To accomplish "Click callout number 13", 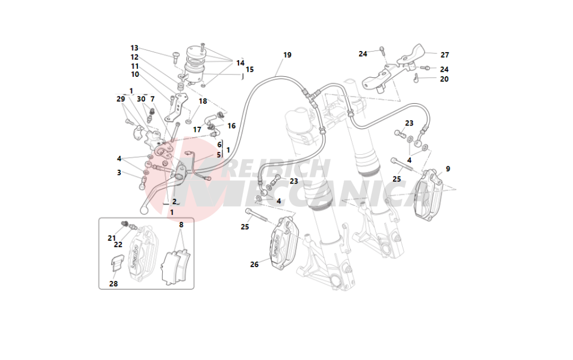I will [x=135, y=48].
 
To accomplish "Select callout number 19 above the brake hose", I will [x=287, y=55].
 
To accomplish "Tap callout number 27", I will [x=445, y=55].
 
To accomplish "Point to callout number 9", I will [x=448, y=169].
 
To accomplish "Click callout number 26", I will [x=254, y=264].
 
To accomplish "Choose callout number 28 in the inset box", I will [x=113, y=283].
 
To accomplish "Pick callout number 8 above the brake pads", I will [x=180, y=225].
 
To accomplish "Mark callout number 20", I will [x=444, y=79].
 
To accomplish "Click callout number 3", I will [x=119, y=172].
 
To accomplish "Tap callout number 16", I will [x=231, y=126].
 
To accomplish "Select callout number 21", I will [x=111, y=238].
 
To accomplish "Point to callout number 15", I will [x=250, y=69].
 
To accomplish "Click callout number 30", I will [x=141, y=99].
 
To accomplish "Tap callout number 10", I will [x=135, y=74].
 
